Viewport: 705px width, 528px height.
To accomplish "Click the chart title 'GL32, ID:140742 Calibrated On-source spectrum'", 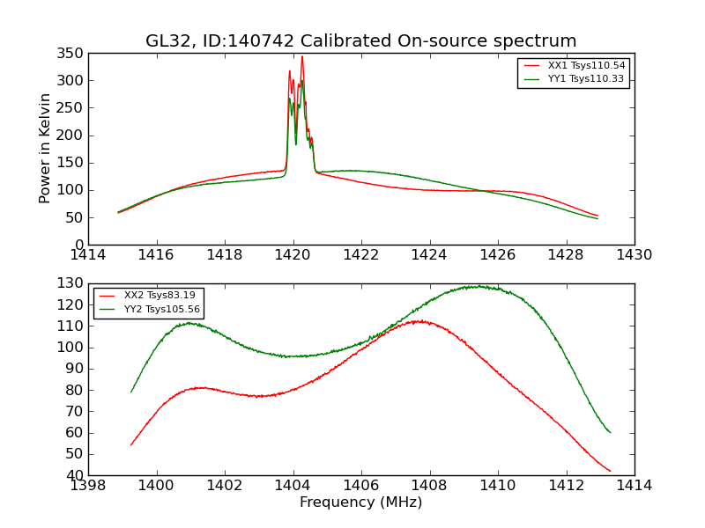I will point(361,41).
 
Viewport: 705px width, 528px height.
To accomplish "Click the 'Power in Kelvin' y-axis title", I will point(45,149).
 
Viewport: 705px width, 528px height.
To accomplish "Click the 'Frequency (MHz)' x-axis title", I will point(360,502).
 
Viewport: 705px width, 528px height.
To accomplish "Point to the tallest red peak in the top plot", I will point(302,57).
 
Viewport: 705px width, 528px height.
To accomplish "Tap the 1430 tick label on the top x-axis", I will point(634,255).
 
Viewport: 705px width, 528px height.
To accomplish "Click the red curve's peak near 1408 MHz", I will point(420,321).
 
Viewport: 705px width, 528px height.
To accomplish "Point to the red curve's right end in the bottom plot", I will point(610,471).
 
